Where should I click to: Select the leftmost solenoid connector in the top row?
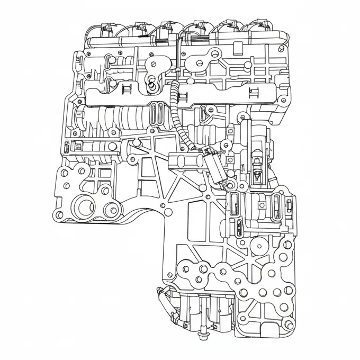pyautogui.click(x=106, y=28)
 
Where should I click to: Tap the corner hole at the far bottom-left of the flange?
pyautogui.click(x=59, y=214)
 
